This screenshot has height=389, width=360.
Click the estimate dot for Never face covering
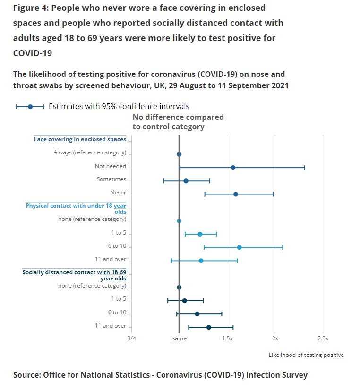(x=236, y=194)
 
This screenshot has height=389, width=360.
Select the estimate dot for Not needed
(x=233, y=168)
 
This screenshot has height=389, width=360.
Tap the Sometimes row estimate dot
(x=186, y=181)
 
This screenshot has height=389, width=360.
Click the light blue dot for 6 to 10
(x=239, y=247)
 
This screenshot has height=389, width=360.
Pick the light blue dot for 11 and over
(x=201, y=261)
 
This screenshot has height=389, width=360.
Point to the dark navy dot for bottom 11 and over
(x=209, y=327)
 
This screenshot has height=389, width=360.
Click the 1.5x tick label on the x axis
(x=227, y=338)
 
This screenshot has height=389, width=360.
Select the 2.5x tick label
(x=323, y=338)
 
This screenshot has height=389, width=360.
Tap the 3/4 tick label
(x=131, y=338)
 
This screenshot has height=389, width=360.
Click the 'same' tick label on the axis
(x=179, y=338)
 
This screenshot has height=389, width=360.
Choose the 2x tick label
(x=275, y=338)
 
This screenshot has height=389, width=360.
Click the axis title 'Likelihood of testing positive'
(x=306, y=355)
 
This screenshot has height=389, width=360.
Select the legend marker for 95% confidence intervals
(x=30, y=107)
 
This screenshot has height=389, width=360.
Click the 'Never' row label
(x=118, y=193)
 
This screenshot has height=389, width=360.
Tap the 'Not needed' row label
(x=111, y=166)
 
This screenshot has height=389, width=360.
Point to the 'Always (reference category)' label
(x=90, y=152)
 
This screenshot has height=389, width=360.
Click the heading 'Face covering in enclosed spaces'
(x=80, y=139)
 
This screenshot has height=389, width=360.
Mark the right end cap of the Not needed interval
(x=305, y=168)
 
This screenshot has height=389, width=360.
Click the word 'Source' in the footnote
(x=27, y=375)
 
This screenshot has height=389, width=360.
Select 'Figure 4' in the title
(x=32, y=8)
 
